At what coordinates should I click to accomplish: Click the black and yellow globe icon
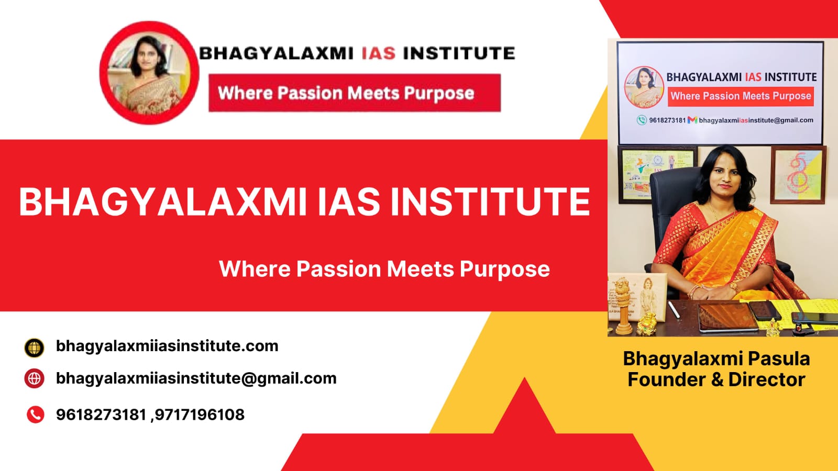pos(35,347)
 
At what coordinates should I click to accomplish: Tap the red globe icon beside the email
pos(35,378)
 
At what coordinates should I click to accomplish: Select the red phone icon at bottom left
pos(36,414)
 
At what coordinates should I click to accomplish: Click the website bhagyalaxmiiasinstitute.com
pos(167,346)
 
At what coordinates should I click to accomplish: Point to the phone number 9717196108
pos(200,414)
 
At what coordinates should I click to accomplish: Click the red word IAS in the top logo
pos(379,53)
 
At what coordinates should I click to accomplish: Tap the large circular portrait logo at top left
pos(149,73)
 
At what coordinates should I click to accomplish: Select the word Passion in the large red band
pos(338,269)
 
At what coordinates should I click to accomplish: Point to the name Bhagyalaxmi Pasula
pos(716,359)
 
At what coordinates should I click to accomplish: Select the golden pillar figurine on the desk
pos(623,307)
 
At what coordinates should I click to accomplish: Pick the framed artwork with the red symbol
pos(798,175)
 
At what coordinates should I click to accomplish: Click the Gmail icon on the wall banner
pos(692,120)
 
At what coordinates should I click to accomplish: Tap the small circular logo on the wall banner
pos(644,87)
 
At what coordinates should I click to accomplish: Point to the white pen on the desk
pos(674,310)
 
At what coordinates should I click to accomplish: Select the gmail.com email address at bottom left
pos(196,378)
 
